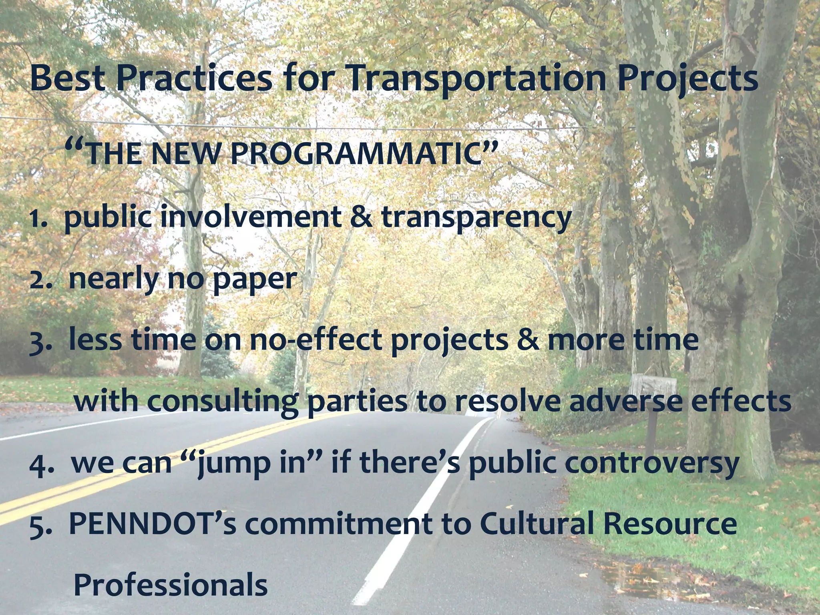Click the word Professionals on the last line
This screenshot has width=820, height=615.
(171, 585)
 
